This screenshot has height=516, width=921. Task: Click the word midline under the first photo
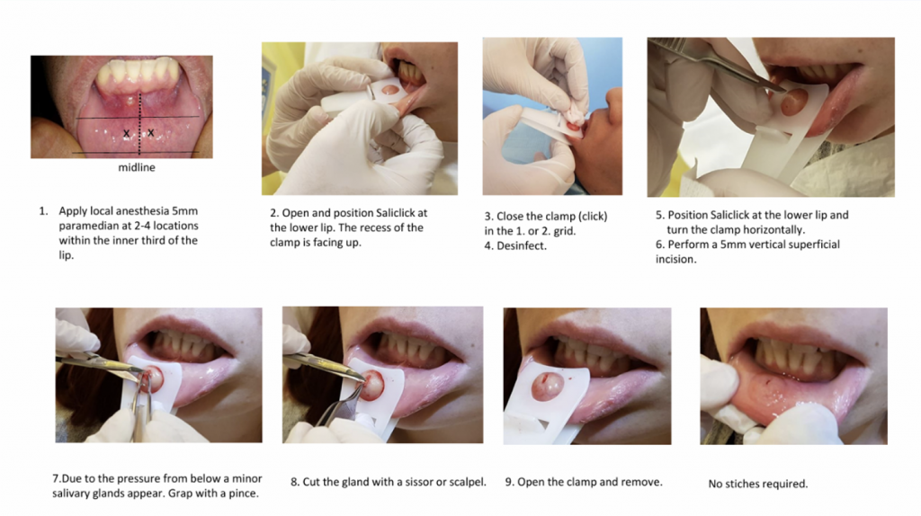(137, 167)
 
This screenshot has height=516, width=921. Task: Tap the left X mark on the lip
(126, 134)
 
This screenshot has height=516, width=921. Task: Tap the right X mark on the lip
(151, 133)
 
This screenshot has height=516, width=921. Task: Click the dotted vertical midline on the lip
(139, 122)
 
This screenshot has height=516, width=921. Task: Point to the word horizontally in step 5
(770, 229)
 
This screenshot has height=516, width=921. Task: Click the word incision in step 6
(676, 259)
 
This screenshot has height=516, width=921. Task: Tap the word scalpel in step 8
(467, 482)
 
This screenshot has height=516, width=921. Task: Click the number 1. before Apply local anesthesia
(43, 210)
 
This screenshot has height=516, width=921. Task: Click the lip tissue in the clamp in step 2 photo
(389, 91)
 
